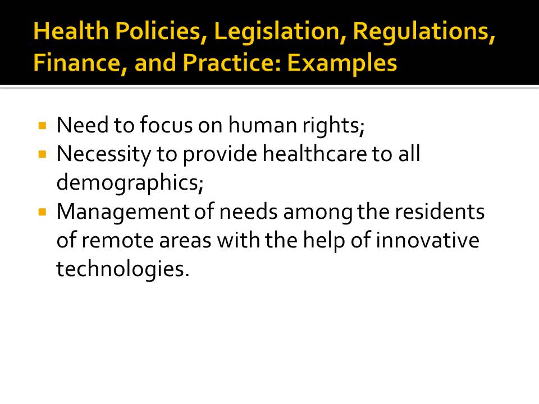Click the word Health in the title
[x=71, y=30]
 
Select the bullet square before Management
[x=43, y=212]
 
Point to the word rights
[x=334, y=126]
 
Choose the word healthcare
[x=314, y=154]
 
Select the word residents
[x=440, y=212]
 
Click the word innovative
[x=427, y=240]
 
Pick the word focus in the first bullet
[x=166, y=125]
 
